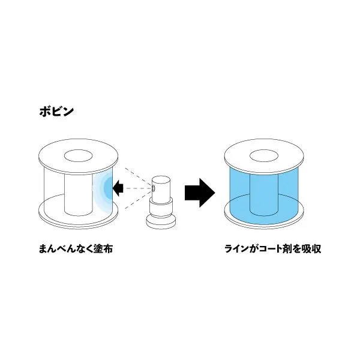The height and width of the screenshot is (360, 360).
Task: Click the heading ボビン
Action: pos(56,112)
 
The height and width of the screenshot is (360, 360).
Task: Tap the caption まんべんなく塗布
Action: pos(76,248)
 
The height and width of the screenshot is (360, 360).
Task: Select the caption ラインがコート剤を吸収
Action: pos(272,248)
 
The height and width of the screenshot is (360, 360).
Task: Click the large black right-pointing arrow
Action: pos(200,193)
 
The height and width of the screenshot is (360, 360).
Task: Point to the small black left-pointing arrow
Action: pos(118,188)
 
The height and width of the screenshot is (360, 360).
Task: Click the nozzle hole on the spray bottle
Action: pos(153,188)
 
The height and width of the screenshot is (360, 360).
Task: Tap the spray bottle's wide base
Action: pos(161,222)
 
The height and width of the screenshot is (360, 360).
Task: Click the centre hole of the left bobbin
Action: pos(78,156)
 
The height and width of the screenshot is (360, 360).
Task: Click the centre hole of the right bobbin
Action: pos(264,156)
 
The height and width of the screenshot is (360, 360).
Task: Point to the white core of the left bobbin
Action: pos(78,195)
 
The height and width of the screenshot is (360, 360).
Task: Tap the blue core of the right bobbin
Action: pos(264,195)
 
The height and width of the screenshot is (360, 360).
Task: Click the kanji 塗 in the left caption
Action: pos(98,248)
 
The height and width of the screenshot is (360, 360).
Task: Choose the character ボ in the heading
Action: pos(45,112)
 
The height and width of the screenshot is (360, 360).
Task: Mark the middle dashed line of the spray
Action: pos(137,188)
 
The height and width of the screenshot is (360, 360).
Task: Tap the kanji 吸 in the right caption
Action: pos(306,248)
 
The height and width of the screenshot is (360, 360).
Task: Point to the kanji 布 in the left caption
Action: pos(108,248)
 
